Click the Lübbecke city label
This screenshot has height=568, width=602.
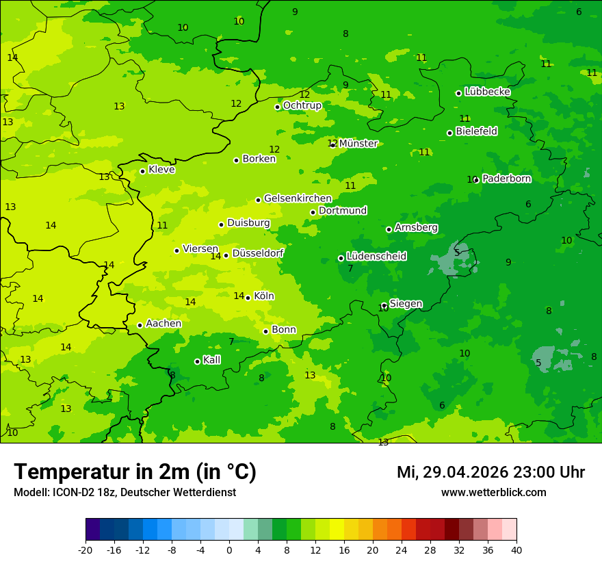(487, 92)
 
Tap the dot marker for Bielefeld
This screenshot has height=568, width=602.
(449, 133)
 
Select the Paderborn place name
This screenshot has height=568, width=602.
(506, 179)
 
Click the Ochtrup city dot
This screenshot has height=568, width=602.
(278, 107)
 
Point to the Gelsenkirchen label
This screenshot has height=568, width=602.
(298, 198)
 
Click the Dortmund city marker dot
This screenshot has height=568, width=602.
(313, 212)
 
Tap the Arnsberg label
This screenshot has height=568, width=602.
(416, 227)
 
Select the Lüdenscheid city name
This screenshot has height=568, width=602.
(376, 256)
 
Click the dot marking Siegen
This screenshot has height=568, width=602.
(384, 306)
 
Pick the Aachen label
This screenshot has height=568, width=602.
(163, 324)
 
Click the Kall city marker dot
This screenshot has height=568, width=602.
(197, 361)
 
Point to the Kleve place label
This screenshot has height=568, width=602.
(161, 170)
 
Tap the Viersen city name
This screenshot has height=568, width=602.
(200, 249)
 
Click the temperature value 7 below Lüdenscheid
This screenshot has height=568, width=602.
(350, 269)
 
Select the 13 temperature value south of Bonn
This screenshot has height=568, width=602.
(310, 375)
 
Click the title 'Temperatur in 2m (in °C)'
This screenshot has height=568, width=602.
(135, 472)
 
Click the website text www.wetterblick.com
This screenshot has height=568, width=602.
(493, 492)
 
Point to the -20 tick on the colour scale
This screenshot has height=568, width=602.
(86, 550)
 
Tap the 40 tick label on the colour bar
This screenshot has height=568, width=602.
(516, 550)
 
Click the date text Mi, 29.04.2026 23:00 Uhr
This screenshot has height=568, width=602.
(490, 472)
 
